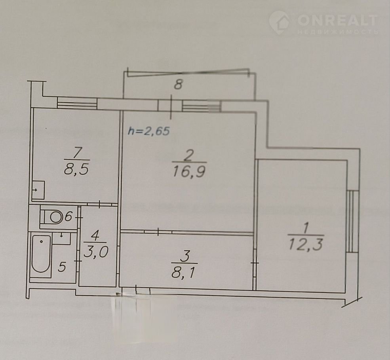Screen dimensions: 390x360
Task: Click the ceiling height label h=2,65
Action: pyautogui.click(x=149, y=131)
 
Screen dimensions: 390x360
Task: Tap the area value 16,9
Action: pyautogui.click(x=189, y=172)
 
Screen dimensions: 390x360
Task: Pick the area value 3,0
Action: pyautogui.click(x=96, y=252)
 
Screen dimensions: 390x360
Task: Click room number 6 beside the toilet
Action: pyautogui.click(x=68, y=217)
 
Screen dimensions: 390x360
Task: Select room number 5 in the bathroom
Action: pyautogui.click(x=62, y=267)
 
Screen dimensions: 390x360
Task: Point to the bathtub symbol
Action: pyautogui.click(x=41, y=254)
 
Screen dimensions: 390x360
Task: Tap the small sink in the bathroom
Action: pyautogui.click(x=62, y=238)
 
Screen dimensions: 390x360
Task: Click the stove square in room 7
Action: pyautogui.click(x=38, y=190)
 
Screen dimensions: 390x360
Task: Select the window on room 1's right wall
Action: pyautogui.click(x=353, y=222)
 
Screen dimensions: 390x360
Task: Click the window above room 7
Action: pyautogui.click(x=77, y=103)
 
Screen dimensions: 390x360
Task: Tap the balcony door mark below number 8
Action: pyautogui.click(x=171, y=106)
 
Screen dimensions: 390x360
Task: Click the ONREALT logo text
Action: pyautogui.click(x=337, y=20)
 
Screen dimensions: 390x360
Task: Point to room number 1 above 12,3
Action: pyautogui.click(x=306, y=228)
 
